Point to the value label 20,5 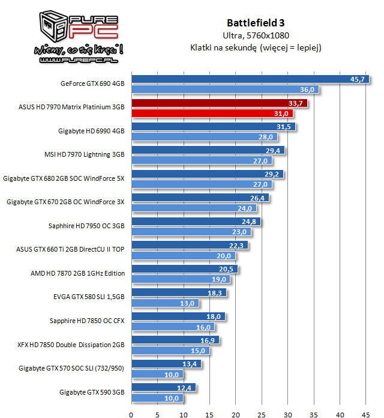coord(226,269)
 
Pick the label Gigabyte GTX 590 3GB coord(92,392)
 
